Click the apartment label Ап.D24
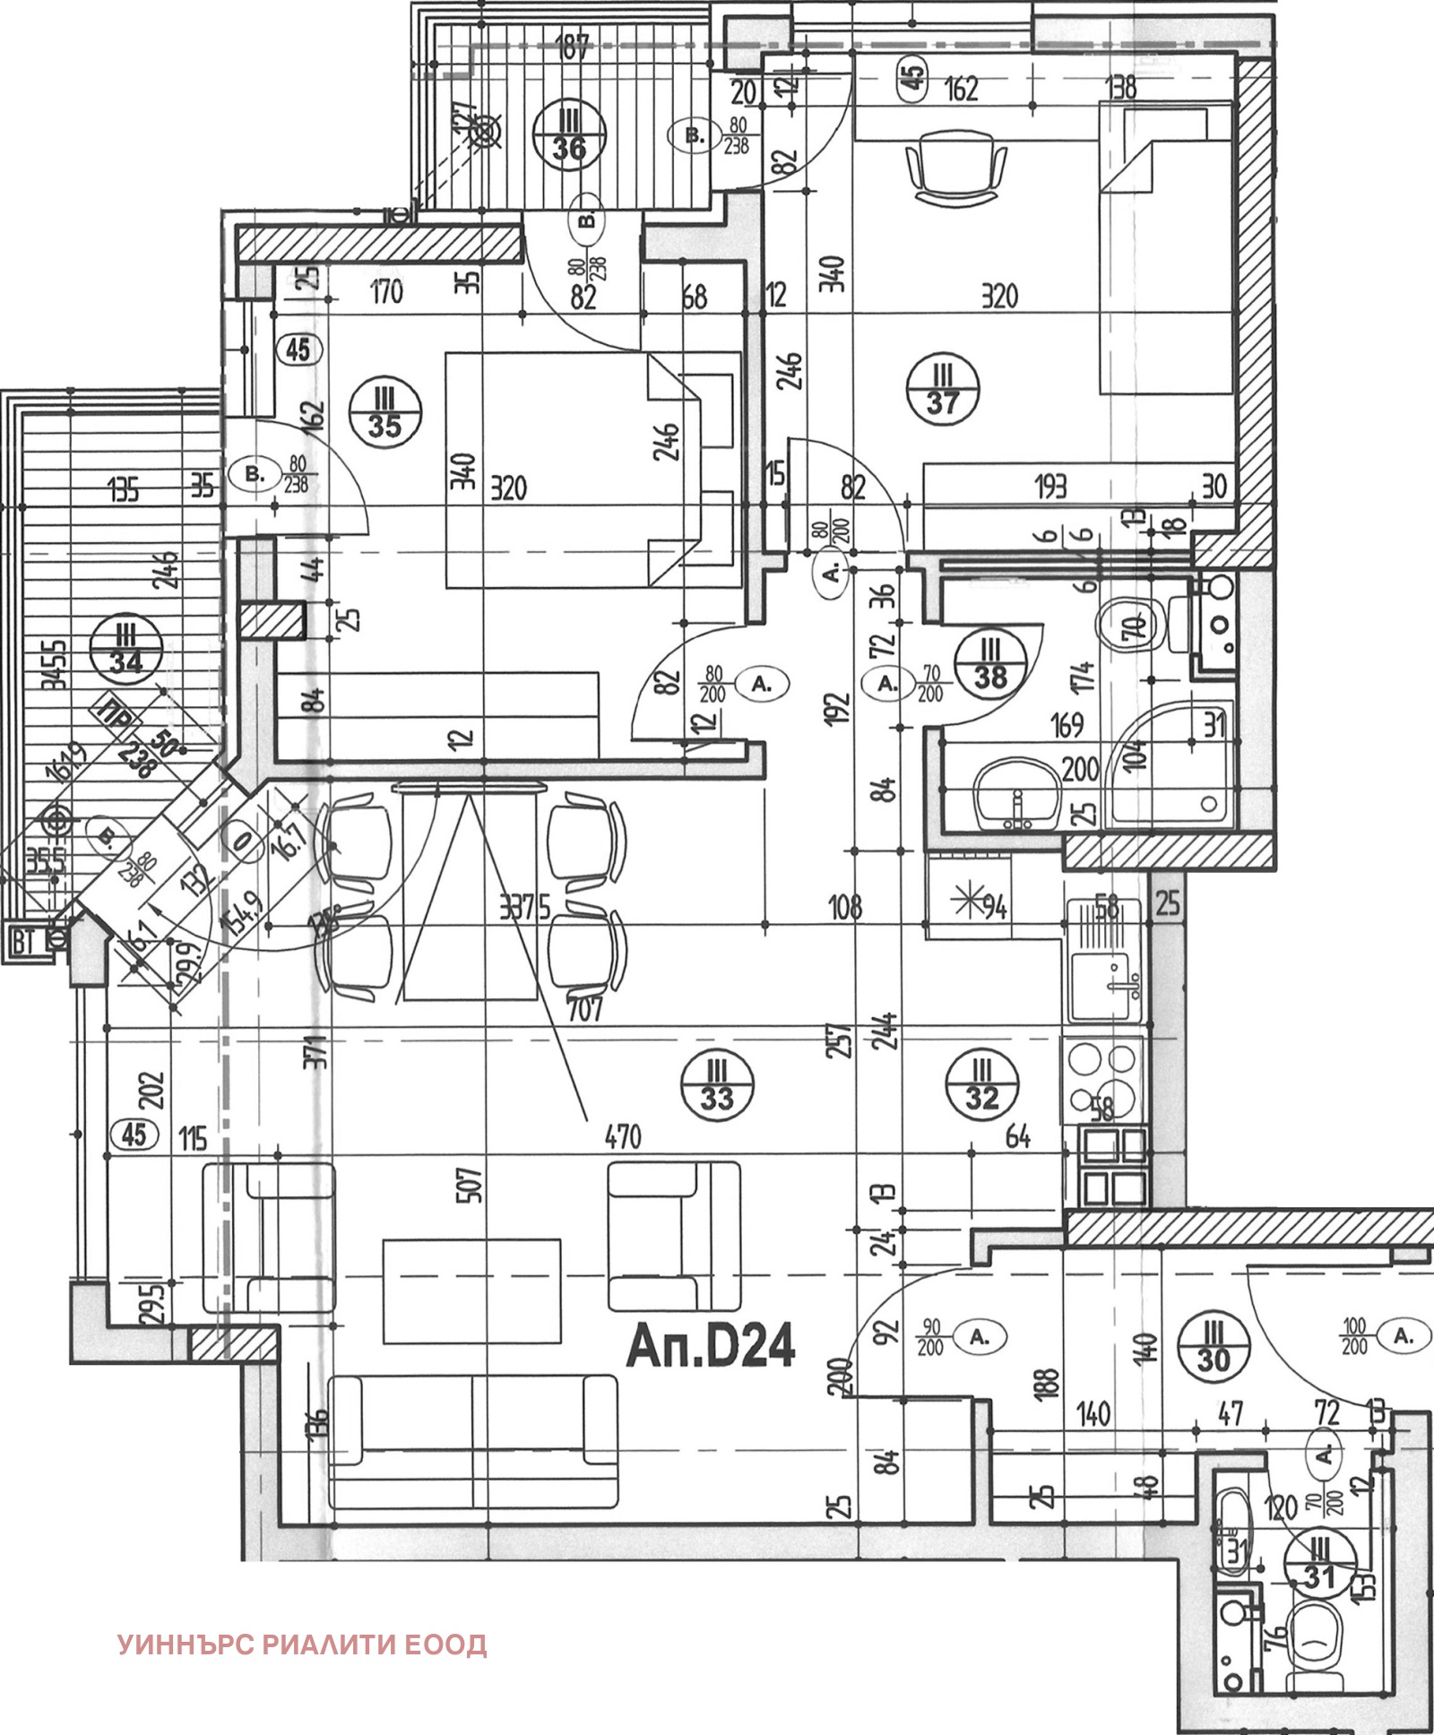click(x=711, y=1345)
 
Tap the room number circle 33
click(x=717, y=1085)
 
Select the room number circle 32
click(x=981, y=1085)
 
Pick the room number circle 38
click(x=990, y=663)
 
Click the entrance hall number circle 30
click(x=1213, y=1347)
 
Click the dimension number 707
click(x=584, y=1009)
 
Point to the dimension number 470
click(x=622, y=1136)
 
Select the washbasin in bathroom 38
click(x=1020, y=794)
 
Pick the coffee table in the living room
click(x=471, y=1290)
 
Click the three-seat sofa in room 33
click(x=473, y=1442)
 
